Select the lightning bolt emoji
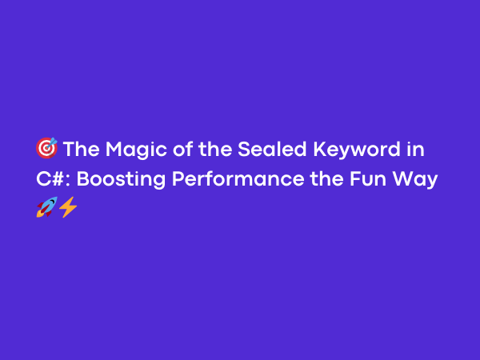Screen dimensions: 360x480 coord(68,208)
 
